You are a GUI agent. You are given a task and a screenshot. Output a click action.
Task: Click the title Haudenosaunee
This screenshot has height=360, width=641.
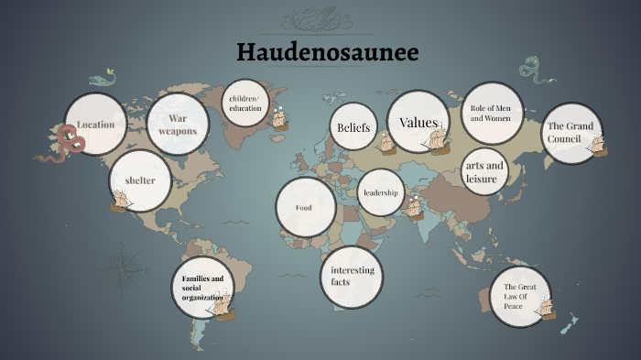[328, 52]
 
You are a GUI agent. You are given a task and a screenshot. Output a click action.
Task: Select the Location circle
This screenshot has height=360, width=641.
[95, 125]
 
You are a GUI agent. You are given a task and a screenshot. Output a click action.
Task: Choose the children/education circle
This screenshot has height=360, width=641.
[245, 104]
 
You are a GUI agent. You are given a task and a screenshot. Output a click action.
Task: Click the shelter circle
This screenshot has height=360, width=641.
[140, 180]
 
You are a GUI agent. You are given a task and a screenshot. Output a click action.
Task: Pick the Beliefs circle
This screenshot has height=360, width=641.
[353, 128]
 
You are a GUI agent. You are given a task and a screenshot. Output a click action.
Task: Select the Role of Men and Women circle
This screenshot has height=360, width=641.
[491, 114]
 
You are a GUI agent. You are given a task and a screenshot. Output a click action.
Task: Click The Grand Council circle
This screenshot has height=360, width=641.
[571, 133]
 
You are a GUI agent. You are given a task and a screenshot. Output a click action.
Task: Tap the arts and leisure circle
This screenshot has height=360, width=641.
[484, 171]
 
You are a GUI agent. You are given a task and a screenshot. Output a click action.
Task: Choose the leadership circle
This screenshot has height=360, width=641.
[380, 192]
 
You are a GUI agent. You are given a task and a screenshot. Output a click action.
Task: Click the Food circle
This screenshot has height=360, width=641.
[305, 208]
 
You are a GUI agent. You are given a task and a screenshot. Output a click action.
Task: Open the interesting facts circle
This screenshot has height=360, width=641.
[352, 276]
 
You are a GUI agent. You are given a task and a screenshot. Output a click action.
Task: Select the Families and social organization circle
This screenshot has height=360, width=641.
[202, 288]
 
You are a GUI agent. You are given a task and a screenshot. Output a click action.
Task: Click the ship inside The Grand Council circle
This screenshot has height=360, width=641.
[597, 145]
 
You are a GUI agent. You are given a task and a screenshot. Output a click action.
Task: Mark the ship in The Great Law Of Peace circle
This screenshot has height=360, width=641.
[546, 308]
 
